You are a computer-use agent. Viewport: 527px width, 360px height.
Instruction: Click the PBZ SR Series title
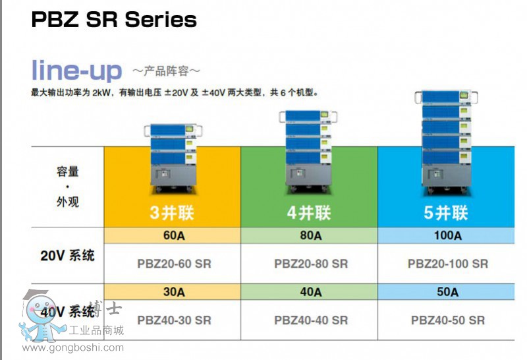coord(114,20)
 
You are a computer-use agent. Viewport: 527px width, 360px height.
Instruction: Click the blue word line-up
coord(77,71)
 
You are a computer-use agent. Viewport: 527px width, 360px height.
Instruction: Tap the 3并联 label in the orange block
coord(173,213)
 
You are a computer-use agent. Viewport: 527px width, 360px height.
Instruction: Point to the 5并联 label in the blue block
coord(446,213)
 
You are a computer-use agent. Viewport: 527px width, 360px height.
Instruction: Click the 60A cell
coord(173,235)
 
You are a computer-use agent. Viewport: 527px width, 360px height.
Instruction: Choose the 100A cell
coord(447,235)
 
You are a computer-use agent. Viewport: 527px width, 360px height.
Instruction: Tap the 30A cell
coord(173,292)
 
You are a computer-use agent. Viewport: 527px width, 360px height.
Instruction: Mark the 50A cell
coord(447,292)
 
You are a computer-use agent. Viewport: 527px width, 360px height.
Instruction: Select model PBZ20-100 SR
coord(448,264)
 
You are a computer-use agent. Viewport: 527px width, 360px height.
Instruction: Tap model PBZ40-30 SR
coord(174,320)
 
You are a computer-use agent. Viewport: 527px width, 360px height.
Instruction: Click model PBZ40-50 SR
coord(448,320)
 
